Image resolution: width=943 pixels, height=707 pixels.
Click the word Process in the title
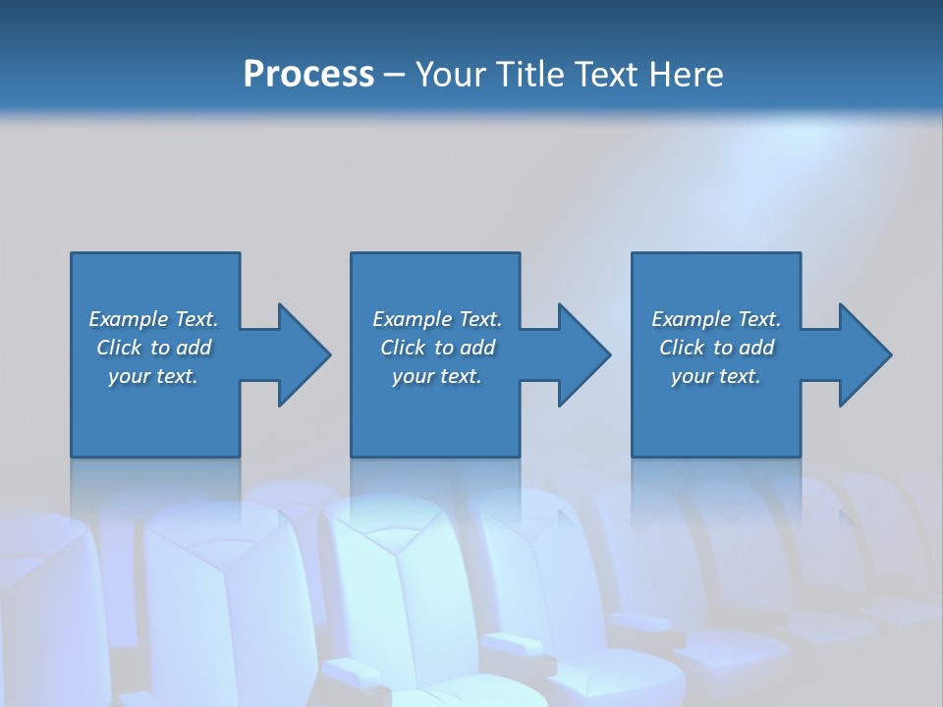point(308,74)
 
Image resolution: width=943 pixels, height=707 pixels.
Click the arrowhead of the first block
point(305,354)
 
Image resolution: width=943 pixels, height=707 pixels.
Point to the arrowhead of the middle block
point(585,354)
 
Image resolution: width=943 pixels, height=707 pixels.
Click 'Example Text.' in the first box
point(153,319)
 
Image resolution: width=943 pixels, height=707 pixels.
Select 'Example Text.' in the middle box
point(437,319)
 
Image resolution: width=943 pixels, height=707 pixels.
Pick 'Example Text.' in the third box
point(716,319)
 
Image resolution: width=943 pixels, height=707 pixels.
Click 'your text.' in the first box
point(153,376)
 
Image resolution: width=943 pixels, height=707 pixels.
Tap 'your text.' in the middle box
point(437,376)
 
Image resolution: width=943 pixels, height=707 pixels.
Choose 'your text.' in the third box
point(716,376)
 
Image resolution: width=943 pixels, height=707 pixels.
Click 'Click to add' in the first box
point(153,348)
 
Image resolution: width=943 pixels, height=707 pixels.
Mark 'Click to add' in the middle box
point(437,348)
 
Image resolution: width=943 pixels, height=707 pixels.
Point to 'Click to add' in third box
point(716,348)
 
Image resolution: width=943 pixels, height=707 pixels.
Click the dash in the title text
point(395,76)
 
